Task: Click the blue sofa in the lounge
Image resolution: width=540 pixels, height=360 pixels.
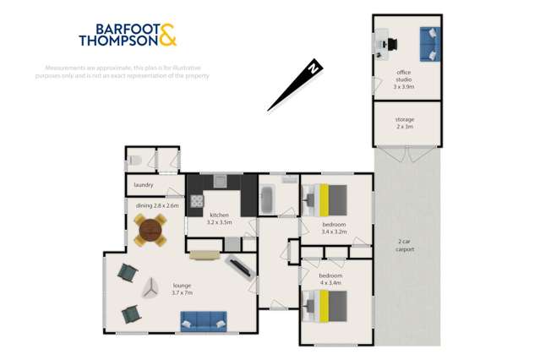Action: [203, 319]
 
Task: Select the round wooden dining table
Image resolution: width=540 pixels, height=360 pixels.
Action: [152, 228]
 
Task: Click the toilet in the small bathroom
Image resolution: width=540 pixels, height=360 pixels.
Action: [136, 159]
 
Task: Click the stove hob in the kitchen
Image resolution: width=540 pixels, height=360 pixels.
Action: [197, 201]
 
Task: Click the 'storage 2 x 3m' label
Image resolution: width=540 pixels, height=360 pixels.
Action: [405, 123]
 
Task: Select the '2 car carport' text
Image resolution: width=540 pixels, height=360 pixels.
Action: [407, 246]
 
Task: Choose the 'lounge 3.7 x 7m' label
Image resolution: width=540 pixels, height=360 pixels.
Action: [182, 289]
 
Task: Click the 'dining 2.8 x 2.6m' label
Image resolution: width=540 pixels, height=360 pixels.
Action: [156, 205]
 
